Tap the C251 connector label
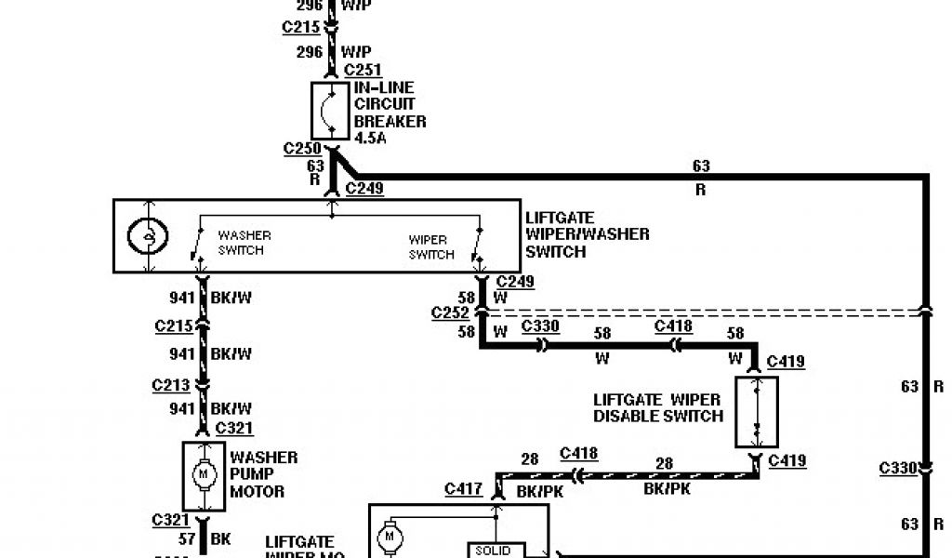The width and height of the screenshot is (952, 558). (x=364, y=71)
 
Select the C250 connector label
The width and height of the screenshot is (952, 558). (x=302, y=148)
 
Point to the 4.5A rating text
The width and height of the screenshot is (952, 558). (x=370, y=139)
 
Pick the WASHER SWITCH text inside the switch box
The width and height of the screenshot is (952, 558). (x=241, y=242)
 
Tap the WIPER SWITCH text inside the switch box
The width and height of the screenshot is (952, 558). (x=431, y=247)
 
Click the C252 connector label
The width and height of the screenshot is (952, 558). (x=451, y=312)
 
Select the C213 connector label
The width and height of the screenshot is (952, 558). (x=172, y=385)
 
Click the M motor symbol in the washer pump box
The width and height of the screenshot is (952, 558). (x=203, y=475)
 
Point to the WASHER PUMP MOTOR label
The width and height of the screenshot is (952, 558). (x=264, y=473)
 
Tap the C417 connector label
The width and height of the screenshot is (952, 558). (x=463, y=487)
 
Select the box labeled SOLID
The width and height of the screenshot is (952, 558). (x=492, y=551)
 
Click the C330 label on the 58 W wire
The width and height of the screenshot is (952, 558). (x=541, y=325)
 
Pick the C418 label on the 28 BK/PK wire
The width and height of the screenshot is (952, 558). (x=578, y=454)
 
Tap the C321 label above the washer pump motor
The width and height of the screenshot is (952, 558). (x=235, y=427)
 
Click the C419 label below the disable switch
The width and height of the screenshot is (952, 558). (x=787, y=460)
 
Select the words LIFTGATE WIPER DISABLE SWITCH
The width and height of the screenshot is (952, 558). (x=658, y=407)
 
